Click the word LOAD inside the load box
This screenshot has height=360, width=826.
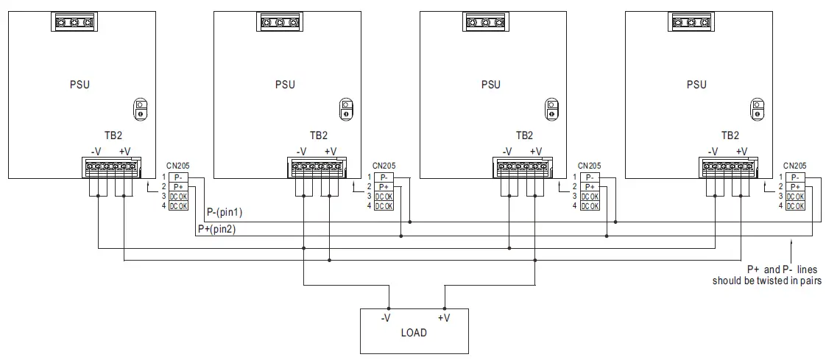[413, 332]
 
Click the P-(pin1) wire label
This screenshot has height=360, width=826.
[225, 212]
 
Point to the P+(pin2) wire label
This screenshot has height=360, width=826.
[216, 230]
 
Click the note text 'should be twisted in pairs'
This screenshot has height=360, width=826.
[766, 280]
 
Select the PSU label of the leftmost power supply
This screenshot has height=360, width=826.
[80, 85]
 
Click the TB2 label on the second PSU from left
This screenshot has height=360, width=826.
[319, 135]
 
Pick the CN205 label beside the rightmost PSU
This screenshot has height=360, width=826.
[794, 166]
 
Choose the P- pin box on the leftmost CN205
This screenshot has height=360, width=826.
[178, 177]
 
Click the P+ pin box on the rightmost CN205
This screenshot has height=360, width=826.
[794, 187]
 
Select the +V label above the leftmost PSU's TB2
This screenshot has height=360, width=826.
[124, 152]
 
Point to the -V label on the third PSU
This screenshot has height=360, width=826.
[507, 152]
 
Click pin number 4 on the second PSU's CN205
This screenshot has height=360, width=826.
[370, 205]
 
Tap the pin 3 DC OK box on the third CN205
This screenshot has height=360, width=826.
[589, 197]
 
